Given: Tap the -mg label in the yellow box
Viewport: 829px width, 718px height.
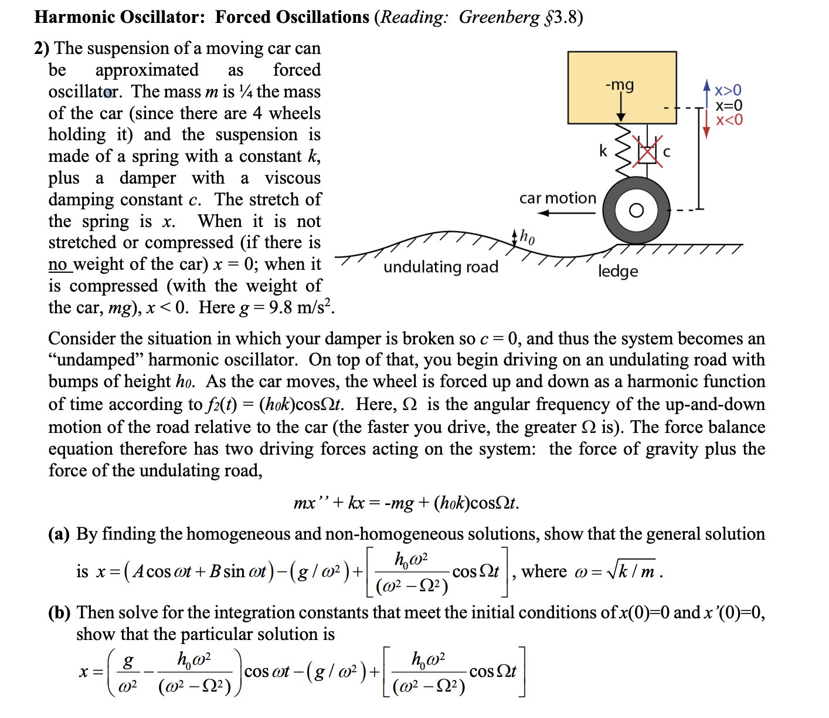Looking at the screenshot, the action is click(620, 85).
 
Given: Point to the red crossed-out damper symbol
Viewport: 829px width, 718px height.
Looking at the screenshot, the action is click(647, 152).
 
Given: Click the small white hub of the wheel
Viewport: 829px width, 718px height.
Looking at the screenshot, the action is click(636, 210).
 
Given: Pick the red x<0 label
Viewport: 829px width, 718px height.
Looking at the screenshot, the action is click(729, 120).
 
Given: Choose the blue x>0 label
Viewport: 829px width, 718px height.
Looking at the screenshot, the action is click(728, 90).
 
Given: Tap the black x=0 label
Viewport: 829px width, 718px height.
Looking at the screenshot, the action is click(729, 106).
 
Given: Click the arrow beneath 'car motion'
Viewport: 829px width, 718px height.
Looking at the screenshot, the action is click(566, 213).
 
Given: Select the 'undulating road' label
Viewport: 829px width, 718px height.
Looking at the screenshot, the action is click(441, 267).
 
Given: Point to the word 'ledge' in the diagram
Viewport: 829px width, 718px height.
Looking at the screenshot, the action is click(618, 271).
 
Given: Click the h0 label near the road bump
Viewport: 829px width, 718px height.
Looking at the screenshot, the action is click(527, 237).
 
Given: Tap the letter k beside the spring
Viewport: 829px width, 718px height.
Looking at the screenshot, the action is click(603, 151).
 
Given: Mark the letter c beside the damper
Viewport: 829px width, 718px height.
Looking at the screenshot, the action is click(667, 152).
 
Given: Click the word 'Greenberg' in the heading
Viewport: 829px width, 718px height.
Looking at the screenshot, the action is click(498, 17).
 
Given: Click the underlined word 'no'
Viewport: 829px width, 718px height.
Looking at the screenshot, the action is click(57, 264).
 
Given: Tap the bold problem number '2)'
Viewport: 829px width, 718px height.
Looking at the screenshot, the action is click(42, 48).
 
